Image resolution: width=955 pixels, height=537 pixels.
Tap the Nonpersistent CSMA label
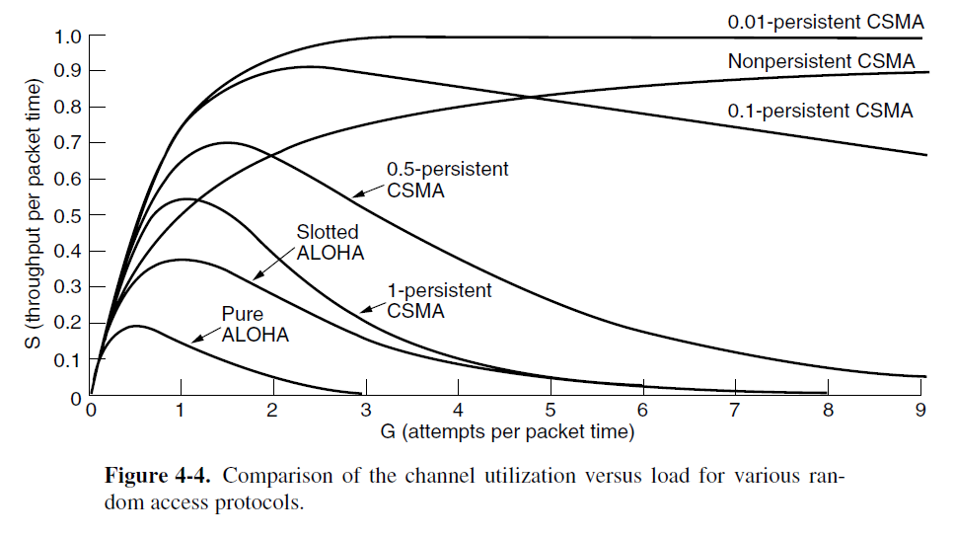820,62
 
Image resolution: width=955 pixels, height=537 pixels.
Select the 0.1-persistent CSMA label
820,111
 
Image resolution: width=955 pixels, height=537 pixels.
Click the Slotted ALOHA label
331,243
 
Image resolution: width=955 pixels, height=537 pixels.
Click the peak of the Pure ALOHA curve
137,326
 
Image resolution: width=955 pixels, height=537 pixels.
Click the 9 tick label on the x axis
920,413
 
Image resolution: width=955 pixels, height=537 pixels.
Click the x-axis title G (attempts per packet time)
506,431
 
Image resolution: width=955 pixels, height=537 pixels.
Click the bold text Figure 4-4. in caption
159,476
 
